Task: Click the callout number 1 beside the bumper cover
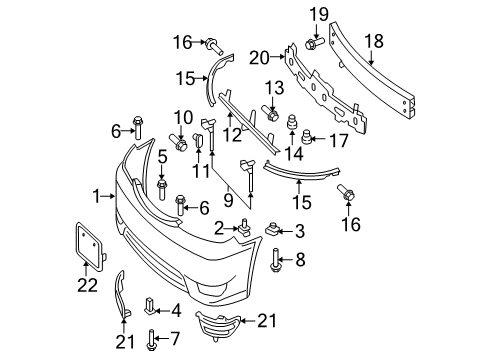coord(97,194)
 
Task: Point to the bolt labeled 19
coord(312,44)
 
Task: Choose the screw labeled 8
coord(275,262)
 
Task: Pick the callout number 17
coord(337,140)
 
